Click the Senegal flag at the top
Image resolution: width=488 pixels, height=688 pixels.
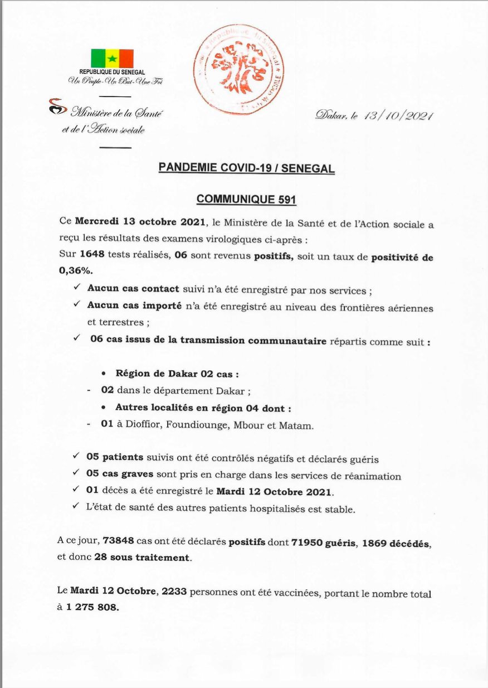112,58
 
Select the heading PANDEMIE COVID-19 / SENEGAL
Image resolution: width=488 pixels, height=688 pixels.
247,168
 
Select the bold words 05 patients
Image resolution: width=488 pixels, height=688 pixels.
115,459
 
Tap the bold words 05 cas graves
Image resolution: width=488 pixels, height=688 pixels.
120,476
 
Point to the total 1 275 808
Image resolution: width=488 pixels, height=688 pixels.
92,608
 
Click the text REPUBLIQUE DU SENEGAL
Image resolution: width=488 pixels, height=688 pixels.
112,72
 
